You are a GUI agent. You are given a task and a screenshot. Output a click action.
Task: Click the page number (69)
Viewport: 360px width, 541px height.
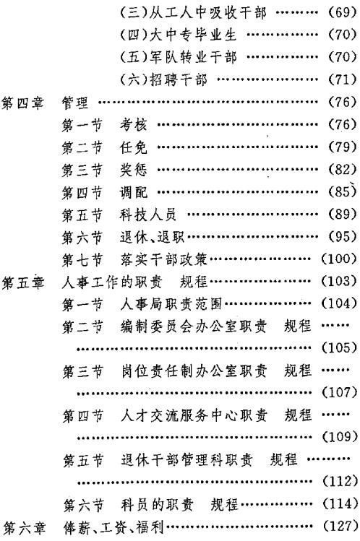click(341, 13)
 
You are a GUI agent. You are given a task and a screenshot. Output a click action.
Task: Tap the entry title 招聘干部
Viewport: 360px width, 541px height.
click(179, 79)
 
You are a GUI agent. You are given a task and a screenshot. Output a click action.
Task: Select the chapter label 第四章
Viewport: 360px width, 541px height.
click(23, 103)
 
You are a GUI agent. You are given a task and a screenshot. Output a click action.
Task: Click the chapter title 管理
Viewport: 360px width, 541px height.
click(75, 103)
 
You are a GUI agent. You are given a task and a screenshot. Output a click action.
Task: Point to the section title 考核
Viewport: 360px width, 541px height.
click(133, 124)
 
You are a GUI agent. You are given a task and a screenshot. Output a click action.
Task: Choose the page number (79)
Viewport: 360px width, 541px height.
click(341, 147)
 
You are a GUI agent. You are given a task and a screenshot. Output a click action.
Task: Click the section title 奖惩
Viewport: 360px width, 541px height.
click(133, 170)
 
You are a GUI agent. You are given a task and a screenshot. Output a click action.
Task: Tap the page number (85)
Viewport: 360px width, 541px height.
click(341, 191)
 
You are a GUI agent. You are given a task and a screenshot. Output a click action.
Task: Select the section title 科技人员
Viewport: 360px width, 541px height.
click(148, 215)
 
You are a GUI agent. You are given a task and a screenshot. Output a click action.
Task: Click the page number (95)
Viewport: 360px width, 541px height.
click(341, 236)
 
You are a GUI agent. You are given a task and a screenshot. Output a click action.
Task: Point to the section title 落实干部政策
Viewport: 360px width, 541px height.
click(164, 259)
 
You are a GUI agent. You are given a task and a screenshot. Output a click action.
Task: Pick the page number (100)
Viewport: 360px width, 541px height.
click(339, 259)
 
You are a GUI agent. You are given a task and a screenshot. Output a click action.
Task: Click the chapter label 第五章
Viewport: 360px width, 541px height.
click(23, 282)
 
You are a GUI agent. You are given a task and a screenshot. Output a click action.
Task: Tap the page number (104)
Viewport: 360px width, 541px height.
click(339, 303)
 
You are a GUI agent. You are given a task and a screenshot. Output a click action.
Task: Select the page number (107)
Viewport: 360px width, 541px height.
click(339, 392)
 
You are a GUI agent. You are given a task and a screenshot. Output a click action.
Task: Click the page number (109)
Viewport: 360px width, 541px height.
click(339, 437)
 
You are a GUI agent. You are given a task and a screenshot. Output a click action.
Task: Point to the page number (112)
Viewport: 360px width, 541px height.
click(339, 481)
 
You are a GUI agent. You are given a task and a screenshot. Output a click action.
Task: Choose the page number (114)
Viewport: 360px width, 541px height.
click(340, 504)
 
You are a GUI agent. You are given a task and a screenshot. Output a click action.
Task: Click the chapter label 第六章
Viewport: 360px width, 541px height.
click(24, 527)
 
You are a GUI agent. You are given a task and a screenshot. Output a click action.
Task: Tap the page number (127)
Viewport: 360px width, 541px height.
click(340, 526)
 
